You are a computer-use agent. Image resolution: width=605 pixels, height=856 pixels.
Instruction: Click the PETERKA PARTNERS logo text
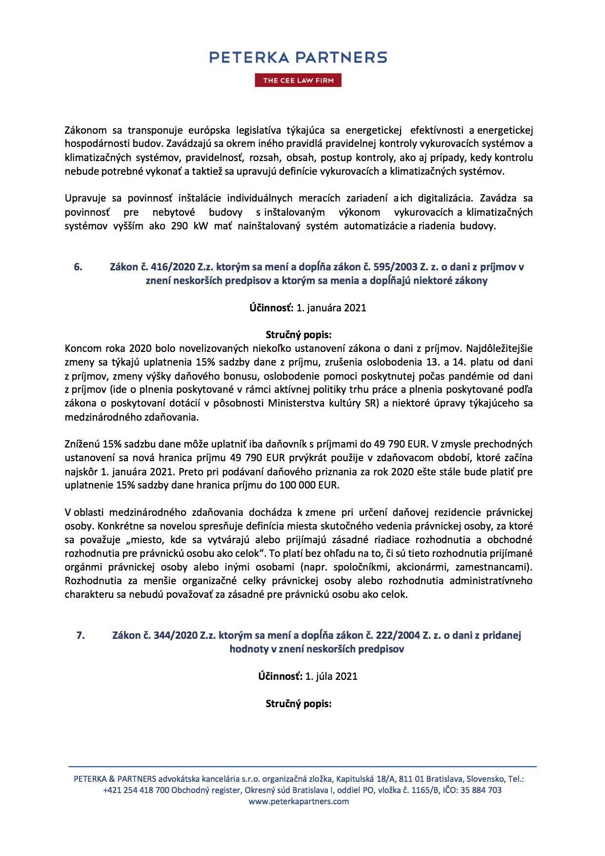(298, 57)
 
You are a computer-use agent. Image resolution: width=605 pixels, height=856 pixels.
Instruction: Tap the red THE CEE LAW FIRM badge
(298, 81)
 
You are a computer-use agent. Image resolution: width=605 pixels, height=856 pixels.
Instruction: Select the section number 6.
(78, 267)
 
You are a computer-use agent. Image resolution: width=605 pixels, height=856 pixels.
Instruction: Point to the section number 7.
(81, 635)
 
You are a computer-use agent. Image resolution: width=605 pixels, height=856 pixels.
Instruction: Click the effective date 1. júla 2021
(331, 676)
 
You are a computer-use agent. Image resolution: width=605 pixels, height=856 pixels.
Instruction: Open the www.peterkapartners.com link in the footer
(299, 801)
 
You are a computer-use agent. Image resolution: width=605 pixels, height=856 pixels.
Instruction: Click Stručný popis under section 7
(298, 704)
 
